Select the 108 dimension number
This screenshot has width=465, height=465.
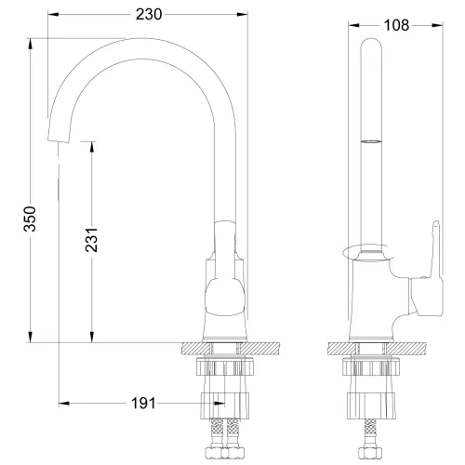click(395, 25)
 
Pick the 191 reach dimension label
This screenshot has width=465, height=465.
click(141, 403)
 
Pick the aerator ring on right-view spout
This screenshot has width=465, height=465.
click(369, 141)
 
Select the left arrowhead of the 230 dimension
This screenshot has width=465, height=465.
click(51, 15)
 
